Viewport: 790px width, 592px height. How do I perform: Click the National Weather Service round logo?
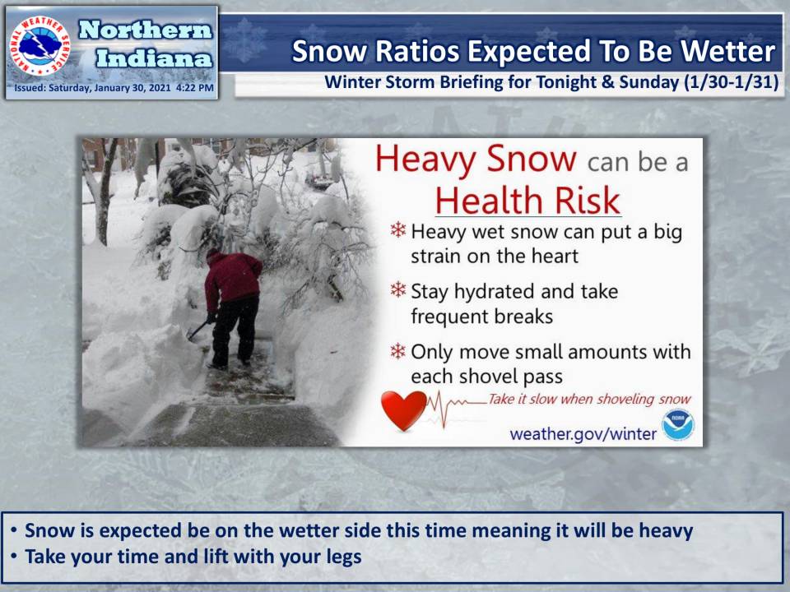point(40,46)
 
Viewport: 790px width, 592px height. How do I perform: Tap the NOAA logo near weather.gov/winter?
point(677,424)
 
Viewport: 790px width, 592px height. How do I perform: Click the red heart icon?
point(404,409)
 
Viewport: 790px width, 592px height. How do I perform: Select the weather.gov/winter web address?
point(583,433)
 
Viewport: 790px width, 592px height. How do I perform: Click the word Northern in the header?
point(145,30)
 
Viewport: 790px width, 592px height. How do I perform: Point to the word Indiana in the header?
point(154,58)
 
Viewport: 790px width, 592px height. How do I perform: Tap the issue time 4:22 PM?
point(195,88)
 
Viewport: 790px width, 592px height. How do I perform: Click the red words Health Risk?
point(527,200)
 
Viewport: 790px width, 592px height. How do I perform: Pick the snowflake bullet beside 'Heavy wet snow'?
point(398,230)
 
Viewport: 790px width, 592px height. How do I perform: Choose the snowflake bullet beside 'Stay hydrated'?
point(398,289)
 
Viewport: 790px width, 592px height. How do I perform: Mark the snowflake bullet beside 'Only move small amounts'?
point(398,351)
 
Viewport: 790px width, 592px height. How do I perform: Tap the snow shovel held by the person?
point(198,331)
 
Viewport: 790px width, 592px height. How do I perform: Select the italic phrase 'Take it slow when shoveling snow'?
point(589,400)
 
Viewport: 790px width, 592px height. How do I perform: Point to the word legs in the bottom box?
point(342,557)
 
